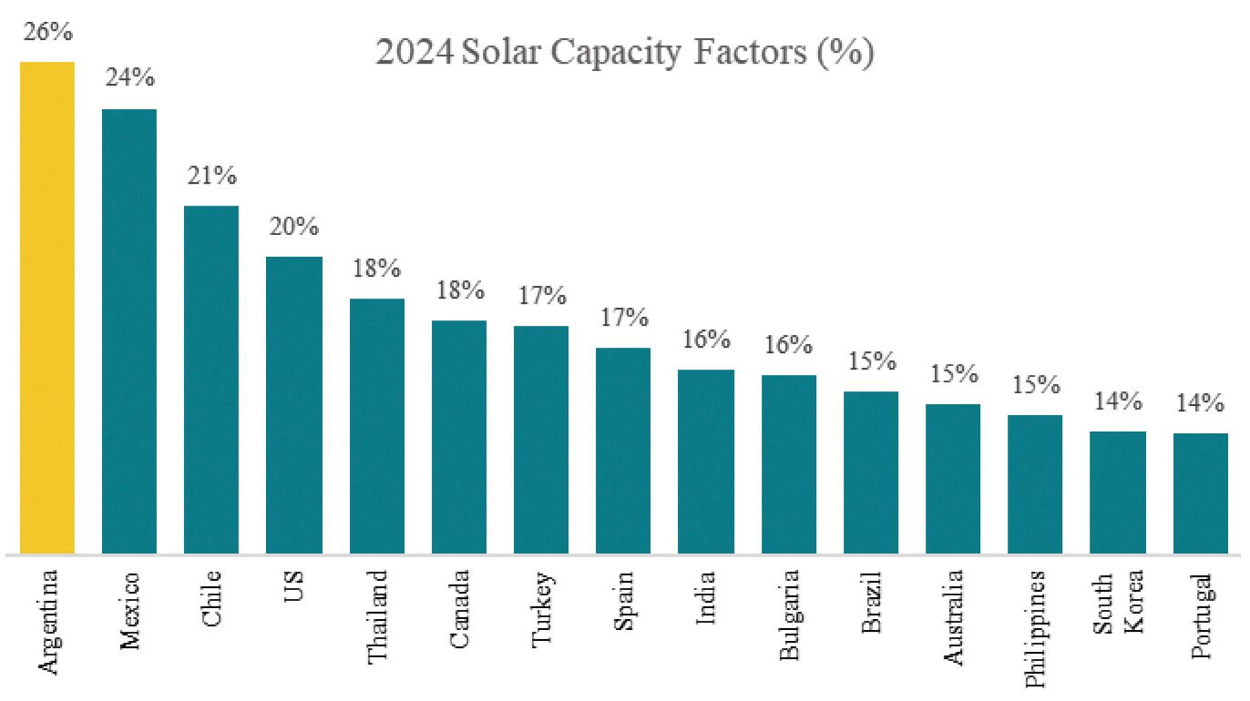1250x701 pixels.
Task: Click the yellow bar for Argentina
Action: click(x=47, y=308)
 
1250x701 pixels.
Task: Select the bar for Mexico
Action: click(x=128, y=331)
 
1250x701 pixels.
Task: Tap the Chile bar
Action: click(x=211, y=380)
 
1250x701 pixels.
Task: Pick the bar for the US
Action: click(x=294, y=405)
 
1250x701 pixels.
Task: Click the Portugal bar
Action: click(x=1200, y=493)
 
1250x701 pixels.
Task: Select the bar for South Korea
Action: click(x=1118, y=493)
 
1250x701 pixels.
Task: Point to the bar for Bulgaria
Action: click(x=789, y=464)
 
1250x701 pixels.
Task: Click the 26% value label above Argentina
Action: click(x=48, y=31)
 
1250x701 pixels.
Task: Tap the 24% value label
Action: click(x=130, y=77)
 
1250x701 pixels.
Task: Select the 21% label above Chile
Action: click(x=212, y=175)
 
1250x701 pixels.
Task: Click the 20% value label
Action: click(x=294, y=227)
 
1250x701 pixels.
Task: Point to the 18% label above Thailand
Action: click(x=376, y=269)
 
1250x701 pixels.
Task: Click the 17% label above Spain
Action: click(x=624, y=318)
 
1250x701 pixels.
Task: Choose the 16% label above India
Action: click(x=706, y=339)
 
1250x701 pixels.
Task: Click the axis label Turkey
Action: click(x=542, y=609)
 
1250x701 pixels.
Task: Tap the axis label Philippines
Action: click(x=1035, y=628)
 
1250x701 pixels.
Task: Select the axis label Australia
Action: click(x=953, y=617)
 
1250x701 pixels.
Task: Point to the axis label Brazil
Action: click(x=871, y=603)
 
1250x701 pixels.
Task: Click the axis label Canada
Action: click(x=459, y=609)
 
